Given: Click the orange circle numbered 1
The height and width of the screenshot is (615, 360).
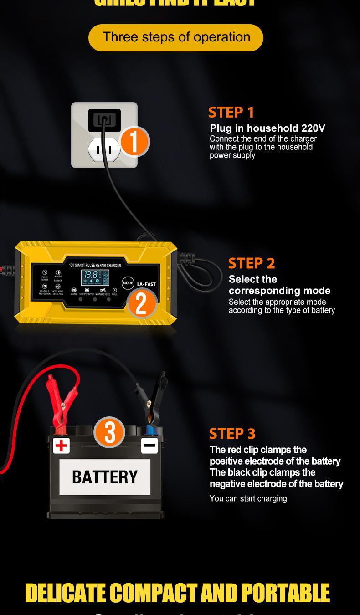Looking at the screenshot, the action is pos(134,141).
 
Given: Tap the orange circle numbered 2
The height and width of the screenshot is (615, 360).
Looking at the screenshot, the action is pos(142,303).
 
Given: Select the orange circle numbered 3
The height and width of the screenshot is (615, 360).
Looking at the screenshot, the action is pos(109,432).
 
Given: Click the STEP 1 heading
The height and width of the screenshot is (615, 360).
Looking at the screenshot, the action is pos(231,112).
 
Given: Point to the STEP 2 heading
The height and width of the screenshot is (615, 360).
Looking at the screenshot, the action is pos(252,263).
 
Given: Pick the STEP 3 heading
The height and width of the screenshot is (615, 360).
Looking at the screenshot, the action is pos(232,434).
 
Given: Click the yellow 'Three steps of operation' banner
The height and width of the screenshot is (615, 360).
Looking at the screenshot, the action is pos(176,37).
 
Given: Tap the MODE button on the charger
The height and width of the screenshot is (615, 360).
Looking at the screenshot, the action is pos(128,283).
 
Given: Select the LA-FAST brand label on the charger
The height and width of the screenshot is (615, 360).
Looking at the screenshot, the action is pos(146,284).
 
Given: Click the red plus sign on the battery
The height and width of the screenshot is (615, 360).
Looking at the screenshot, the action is pos(61,445).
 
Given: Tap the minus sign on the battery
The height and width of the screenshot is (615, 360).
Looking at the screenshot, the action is pos(149,445).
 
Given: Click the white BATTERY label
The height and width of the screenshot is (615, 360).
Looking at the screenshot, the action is pos(105,477).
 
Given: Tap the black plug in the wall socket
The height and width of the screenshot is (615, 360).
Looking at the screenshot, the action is pos(104,120).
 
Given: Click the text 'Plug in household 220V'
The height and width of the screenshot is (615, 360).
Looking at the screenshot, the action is pos(267,128).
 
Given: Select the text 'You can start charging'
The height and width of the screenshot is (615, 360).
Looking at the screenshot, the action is pos(248,498).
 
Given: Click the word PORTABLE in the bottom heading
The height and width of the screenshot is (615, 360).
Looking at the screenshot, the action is pos(285,593).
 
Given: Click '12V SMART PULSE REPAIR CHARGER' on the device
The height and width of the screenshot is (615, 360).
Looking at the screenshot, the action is pos(95,265).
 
